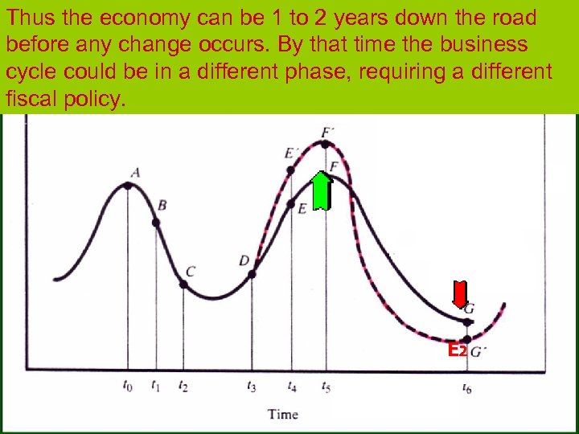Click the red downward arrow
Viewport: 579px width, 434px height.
click(x=460, y=295)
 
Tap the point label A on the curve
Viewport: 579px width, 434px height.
click(x=135, y=171)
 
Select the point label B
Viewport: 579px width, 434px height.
click(x=162, y=206)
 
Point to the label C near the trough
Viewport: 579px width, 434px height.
click(x=190, y=272)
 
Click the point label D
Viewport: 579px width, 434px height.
click(x=244, y=260)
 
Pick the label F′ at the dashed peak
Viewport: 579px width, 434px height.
click(x=326, y=132)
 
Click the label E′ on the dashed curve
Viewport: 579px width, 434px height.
click(x=290, y=154)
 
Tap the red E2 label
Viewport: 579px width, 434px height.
click(x=457, y=350)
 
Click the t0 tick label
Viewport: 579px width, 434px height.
click(x=128, y=387)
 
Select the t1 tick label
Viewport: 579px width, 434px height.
click(x=155, y=387)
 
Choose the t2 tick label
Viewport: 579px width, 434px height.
click(x=183, y=387)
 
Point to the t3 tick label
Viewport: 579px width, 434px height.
click(x=253, y=387)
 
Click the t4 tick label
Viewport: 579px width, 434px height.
click(x=292, y=387)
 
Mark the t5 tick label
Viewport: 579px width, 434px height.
click(x=326, y=387)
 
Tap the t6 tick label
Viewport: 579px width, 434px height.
click(x=467, y=387)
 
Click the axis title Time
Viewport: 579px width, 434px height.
click(x=282, y=415)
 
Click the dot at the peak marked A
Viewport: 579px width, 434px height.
click(x=128, y=186)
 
